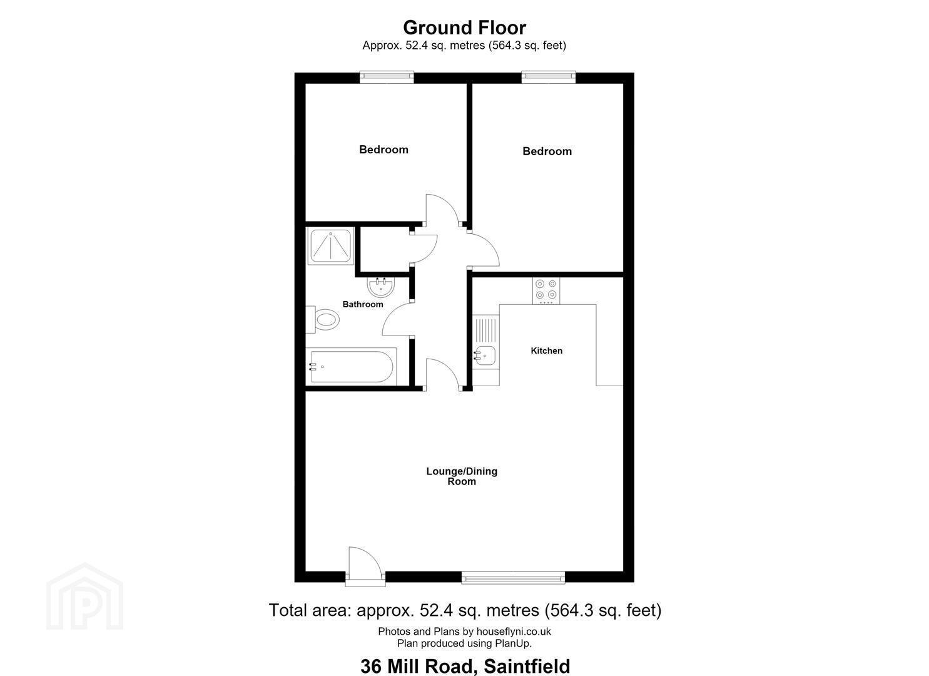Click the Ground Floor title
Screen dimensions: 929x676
pyautogui.click(x=464, y=28)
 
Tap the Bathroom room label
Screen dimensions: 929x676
pyautogui.click(x=363, y=304)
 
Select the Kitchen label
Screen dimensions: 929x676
pyautogui.click(x=547, y=351)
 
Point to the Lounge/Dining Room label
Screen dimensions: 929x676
pyautogui.click(x=462, y=476)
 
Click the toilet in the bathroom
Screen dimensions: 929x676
pyautogui.click(x=323, y=320)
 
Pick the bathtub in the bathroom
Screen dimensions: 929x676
pyautogui.click(x=351, y=366)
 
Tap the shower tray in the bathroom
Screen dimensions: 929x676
pyautogui.click(x=330, y=246)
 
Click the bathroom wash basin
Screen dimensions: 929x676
pyautogui.click(x=381, y=287)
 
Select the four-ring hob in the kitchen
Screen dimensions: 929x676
pyautogui.click(x=546, y=290)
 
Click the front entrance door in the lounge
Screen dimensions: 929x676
pyautogui.click(x=365, y=566)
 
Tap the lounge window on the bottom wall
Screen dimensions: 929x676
pyautogui.click(x=513, y=577)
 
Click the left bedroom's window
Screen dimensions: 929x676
pyautogui.click(x=387, y=77)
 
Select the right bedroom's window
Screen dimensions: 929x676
pyautogui.click(x=548, y=77)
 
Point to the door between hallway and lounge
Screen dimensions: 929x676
pyautogui.click(x=442, y=374)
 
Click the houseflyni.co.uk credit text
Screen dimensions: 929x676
pyautogui.click(x=464, y=632)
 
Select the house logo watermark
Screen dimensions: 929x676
pyautogui.click(x=84, y=597)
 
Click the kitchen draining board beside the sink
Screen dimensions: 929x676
pyautogui.click(x=485, y=330)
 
